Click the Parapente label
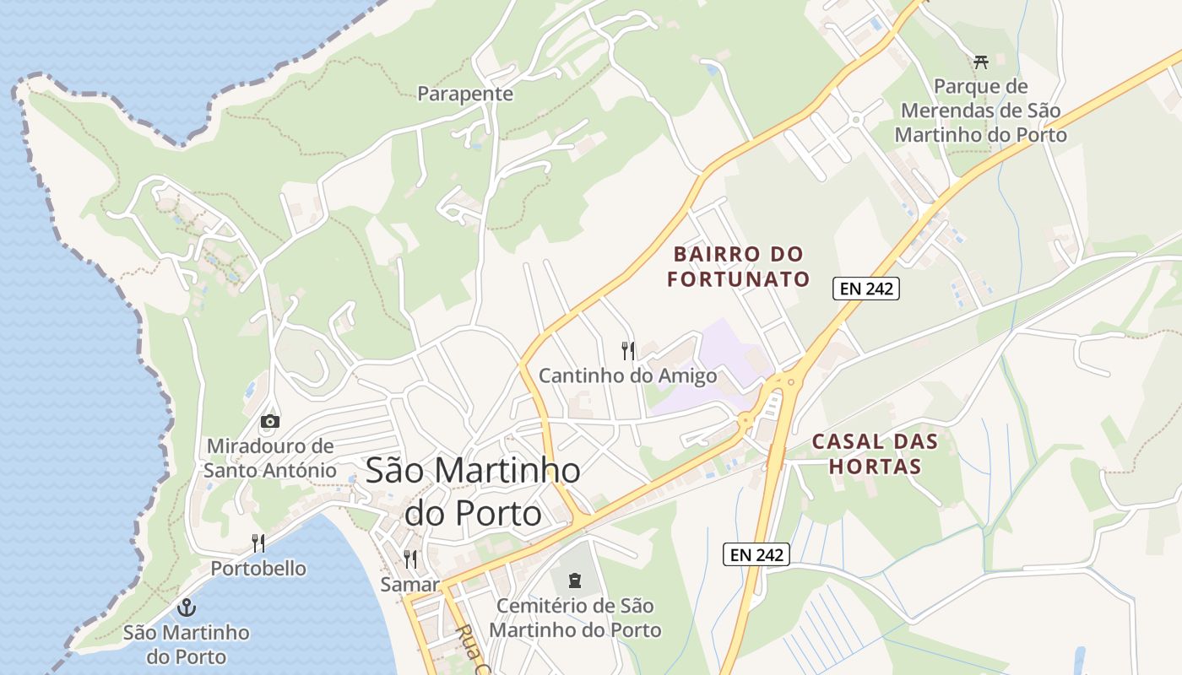click(x=465, y=94)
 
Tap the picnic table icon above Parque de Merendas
click(x=980, y=62)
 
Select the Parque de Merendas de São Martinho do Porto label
click(x=980, y=111)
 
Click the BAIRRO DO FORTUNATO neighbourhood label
click(x=739, y=267)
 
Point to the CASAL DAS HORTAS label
click(x=874, y=453)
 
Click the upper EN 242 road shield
click(x=866, y=289)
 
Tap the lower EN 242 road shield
click(x=756, y=554)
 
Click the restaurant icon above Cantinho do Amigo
click(x=627, y=350)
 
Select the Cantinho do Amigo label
click(x=627, y=375)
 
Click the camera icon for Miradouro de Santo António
click(x=270, y=421)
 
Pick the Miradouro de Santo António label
click(x=270, y=457)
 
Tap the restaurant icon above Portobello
click(x=258, y=543)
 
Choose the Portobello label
click(x=258, y=568)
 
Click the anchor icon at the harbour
click(x=186, y=607)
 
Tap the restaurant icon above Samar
click(x=410, y=559)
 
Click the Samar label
click(x=410, y=584)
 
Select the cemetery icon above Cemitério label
click(x=575, y=580)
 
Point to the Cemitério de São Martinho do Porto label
click(x=575, y=618)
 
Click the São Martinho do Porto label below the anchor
click(x=186, y=644)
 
